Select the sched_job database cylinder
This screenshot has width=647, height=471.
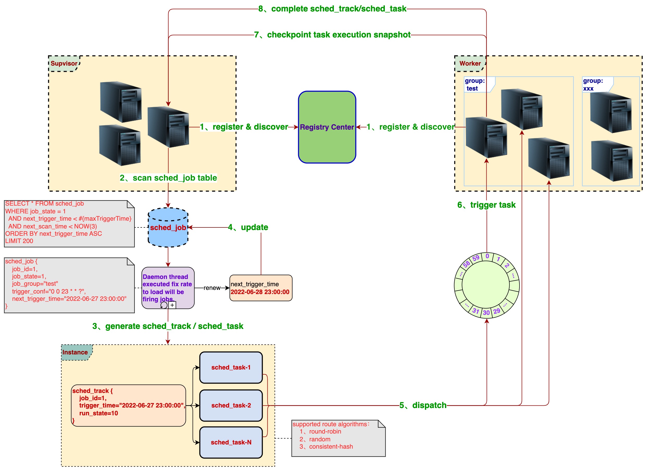(168, 227)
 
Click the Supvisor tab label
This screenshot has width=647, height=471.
(64, 63)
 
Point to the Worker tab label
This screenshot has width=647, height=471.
(470, 63)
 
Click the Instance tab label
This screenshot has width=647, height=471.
(75, 352)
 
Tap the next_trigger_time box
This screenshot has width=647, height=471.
(261, 288)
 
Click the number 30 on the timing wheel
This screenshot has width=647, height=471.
(486, 313)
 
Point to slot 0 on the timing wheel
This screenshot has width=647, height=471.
(487, 256)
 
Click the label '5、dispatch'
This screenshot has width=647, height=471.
(423, 405)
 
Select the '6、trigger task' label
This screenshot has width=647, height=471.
(486, 205)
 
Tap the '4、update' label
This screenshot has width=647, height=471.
(248, 227)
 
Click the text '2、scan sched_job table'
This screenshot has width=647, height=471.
(168, 178)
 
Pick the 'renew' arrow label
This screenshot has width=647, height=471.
(212, 288)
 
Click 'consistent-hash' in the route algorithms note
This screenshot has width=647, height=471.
(331, 447)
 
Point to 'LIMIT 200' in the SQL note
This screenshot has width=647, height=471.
(19, 241)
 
